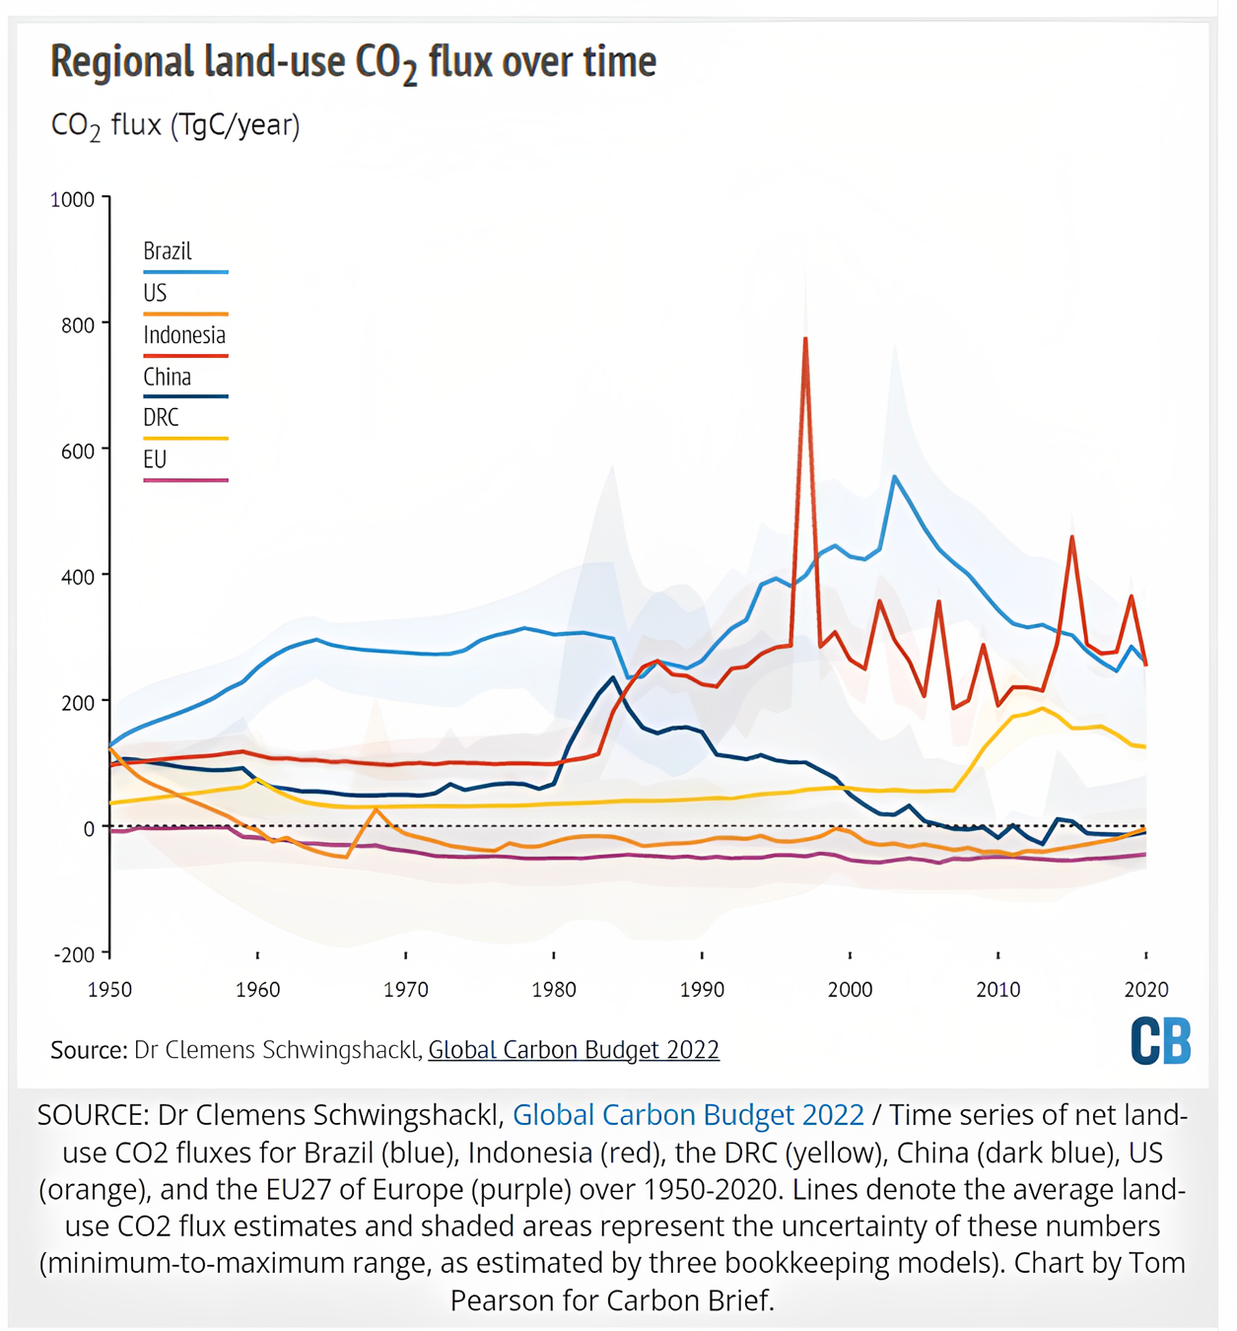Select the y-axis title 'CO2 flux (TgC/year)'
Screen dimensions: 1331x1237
click(x=175, y=126)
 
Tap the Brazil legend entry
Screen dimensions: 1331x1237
click(x=168, y=251)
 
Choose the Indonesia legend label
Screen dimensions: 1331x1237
click(x=184, y=335)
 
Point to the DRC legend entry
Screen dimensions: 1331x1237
click(x=162, y=418)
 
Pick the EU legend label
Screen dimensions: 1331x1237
click(x=156, y=459)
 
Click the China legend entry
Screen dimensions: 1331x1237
click(x=168, y=377)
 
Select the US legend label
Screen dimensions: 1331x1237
click(x=156, y=293)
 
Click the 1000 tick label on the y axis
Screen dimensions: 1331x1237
click(x=73, y=200)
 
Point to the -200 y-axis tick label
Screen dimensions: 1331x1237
click(x=75, y=954)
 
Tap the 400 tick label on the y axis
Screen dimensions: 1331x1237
click(x=78, y=577)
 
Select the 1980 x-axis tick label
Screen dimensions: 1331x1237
click(x=554, y=990)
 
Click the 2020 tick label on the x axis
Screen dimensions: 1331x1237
click(x=1146, y=990)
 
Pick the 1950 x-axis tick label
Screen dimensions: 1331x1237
click(x=109, y=990)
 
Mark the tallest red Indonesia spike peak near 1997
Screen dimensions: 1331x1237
click(x=805, y=339)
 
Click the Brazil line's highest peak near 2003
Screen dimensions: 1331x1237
click(x=894, y=477)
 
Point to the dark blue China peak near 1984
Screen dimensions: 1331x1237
click(x=613, y=677)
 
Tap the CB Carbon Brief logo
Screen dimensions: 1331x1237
click(x=1161, y=1041)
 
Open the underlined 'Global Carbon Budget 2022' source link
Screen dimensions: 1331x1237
click(x=574, y=1050)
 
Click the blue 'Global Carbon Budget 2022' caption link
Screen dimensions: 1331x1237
click(x=688, y=1115)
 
